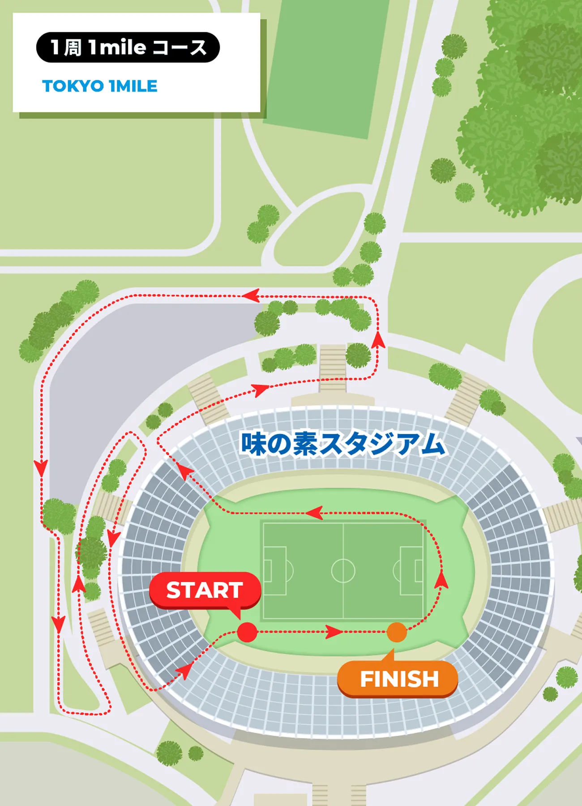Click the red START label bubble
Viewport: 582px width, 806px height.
point(205,590)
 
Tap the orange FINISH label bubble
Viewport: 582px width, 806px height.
point(398,679)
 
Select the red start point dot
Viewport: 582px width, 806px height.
point(247,632)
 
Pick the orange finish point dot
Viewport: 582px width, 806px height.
point(397,632)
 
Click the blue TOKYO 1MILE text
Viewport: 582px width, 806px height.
point(99,86)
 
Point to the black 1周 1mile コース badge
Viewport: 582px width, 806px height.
point(128,47)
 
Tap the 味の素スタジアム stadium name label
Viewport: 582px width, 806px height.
point(342,444)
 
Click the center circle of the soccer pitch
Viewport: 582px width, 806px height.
point(343,570)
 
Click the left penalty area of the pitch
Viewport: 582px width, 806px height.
point(274,571)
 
